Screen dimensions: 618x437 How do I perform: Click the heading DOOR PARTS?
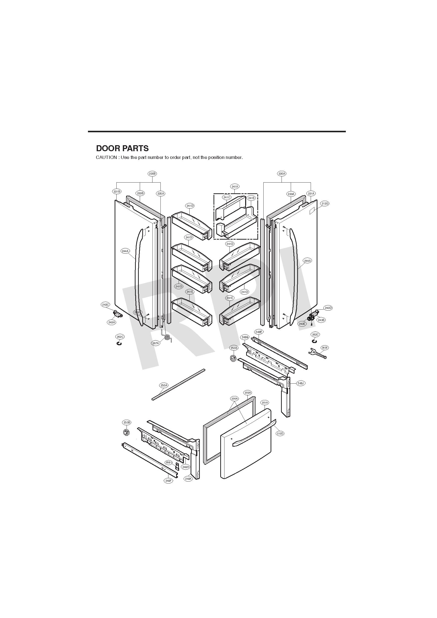(122, 148)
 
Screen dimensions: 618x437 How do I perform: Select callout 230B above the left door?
(152, 174)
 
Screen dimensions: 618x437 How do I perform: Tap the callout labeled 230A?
(282, 174)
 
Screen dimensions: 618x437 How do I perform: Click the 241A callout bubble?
(235, 186)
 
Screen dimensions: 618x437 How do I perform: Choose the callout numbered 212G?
(325, 204)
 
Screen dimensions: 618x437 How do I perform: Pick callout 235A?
(161, 193)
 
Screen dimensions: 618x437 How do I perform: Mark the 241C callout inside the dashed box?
(227, 197)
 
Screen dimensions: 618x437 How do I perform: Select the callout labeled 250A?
(164, 385)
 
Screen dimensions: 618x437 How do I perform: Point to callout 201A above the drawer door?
(265, 403)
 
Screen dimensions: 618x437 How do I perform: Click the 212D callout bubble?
(280, 433)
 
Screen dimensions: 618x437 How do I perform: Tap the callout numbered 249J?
(301, 383)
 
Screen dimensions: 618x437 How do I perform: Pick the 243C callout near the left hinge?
(106, 305)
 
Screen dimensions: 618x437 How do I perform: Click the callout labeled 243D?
(328, 308)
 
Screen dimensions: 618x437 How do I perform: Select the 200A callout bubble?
(234, 398)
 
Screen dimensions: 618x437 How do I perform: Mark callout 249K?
(189, 479)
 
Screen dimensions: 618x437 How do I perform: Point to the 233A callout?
(291, 194)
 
